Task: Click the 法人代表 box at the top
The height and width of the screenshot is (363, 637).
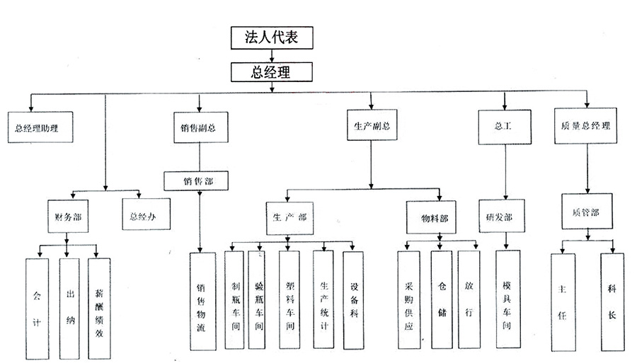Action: pyautogui.click(x=272, y=38)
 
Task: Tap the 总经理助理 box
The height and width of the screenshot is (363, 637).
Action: pyautogui.click(x=40, y=127)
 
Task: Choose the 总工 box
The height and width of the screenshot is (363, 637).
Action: pyautogui.click(x=504, y=126)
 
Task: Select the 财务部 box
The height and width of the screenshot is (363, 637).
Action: pyautogui.click(x=68, y=217)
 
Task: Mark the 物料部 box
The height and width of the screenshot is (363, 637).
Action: pyautogui.click(x=434, y=217)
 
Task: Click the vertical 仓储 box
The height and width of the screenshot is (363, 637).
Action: pyautogui.click(x=441, y=300)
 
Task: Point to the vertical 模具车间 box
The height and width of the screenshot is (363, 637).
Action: pyautogui.click(x=507, y=300)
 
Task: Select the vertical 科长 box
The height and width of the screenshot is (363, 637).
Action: pyautogui.click(x=612, y=300)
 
